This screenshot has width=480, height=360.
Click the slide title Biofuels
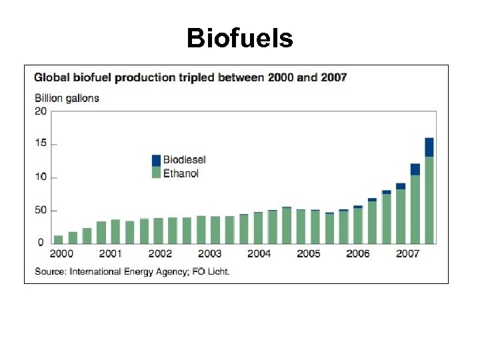(x=239, y=38)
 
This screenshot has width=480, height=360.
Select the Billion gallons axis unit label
(x=67, y=98)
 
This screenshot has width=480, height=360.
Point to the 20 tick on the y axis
(x=41, y=111)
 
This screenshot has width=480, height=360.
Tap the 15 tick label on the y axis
(x=41, y=144)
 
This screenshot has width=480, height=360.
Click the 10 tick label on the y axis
(x=41, y=177)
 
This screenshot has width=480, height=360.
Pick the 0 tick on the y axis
(x=40, y=242)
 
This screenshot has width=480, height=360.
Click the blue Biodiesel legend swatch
(x=156, y=160)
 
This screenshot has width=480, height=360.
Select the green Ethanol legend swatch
(x=156, y=173)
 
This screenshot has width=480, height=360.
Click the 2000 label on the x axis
(x=61, y=254)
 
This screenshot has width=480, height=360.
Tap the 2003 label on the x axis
(x=209, y=254)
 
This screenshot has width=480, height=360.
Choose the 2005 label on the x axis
(x=308, y=254)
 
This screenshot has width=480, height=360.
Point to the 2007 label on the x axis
(x=407, y=254)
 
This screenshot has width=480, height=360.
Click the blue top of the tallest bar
(x=429, y=147)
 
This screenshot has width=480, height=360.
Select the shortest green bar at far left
(x=59, y=239)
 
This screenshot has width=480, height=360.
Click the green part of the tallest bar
(x=429, y=200)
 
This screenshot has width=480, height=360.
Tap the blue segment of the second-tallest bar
(x=415, y=169)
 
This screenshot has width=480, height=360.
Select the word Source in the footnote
(x=49, y=271)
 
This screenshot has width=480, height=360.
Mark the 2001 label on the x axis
(x=111, y=254)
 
